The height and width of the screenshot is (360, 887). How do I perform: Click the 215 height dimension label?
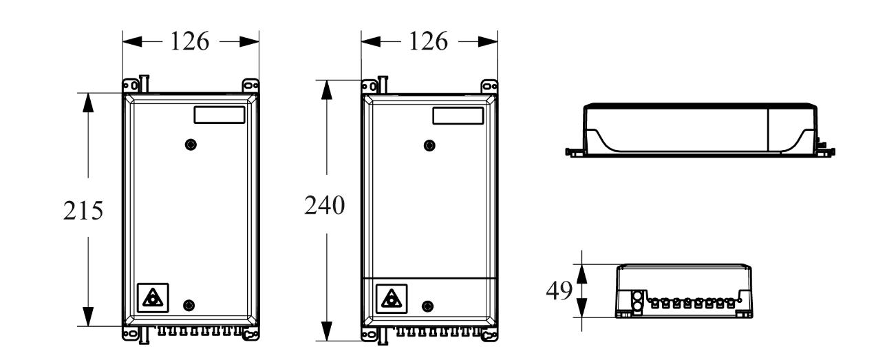[x=83, y=211]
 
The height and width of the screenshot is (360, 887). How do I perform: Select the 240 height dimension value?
[x=324, y=206]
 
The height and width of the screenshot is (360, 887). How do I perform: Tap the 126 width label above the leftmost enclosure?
[x=190, y=42]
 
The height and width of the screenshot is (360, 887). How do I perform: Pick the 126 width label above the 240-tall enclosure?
[x=429, y=42]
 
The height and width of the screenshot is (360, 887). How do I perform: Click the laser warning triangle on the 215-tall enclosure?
[x=151, y=297]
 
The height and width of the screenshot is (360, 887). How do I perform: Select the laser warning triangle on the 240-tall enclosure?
[x=390, y=298]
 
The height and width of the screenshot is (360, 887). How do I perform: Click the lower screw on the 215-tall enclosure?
[x=191, y=305]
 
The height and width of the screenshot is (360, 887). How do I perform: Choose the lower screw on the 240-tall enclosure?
[x=429, y=306]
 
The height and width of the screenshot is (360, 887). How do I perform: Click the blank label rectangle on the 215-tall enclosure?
[x=219, y=114]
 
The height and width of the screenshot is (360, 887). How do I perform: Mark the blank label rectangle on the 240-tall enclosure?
[x=457, y=114]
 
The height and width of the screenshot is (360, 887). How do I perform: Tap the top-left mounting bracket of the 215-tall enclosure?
[x=129, y=85]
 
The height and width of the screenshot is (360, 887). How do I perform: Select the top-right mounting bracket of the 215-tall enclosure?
[x=251, y=85]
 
